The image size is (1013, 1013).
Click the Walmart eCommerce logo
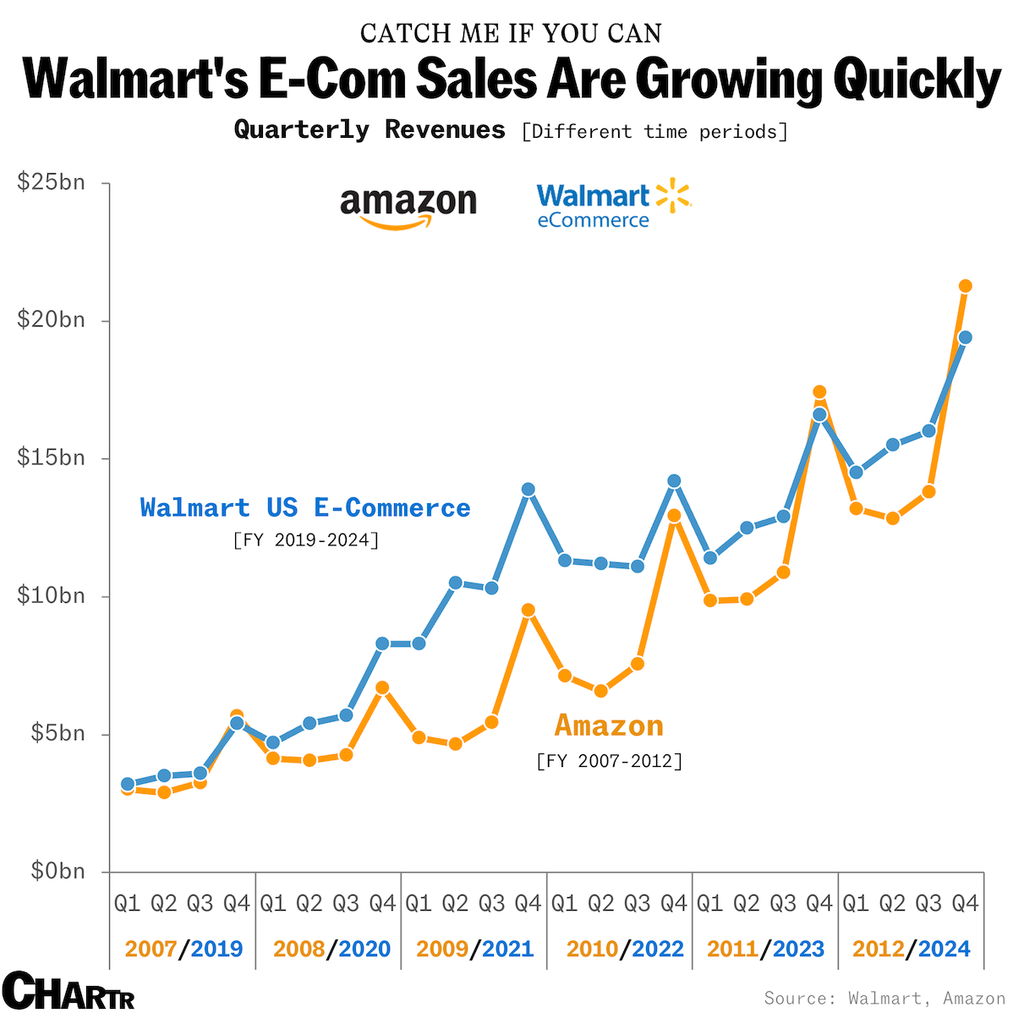tap(613, 205)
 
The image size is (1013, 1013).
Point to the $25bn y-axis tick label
tap(52, 182)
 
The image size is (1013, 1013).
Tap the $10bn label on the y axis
tap(52, 595)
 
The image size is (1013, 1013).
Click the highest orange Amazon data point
tap(965, 286)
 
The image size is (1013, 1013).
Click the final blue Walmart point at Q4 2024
tap(965, 337)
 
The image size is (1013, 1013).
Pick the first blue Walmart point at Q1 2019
tap(128, 784)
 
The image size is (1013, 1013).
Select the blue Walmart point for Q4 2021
tap(528, 489)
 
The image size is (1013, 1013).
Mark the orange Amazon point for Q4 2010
tap(674, 515)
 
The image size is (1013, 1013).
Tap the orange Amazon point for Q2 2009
tap(456, 744)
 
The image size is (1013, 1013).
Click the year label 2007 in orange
tap(151, 949)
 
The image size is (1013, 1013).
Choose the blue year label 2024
tap(944, 949)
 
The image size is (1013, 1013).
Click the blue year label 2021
tap(507, 949)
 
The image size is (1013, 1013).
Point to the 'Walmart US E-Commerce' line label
tap(305, 507)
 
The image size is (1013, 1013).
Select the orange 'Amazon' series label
tap(609, 726)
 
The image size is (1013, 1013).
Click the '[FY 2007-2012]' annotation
tap(609, 761)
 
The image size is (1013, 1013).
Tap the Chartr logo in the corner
tap(68, 990)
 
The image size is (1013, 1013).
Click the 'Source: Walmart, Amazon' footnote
tap(884, 998)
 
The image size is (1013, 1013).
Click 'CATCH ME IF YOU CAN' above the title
tap(511, 33)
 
